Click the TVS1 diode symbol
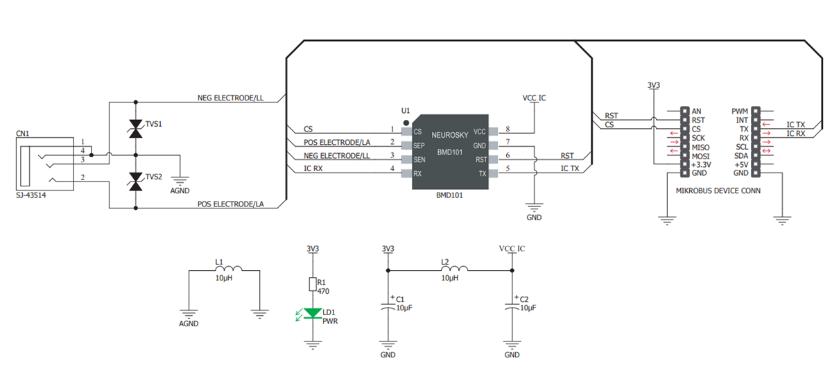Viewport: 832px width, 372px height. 135,130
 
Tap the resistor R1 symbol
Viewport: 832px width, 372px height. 313,284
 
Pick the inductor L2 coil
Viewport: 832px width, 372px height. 454,269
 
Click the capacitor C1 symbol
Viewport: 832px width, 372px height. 388,307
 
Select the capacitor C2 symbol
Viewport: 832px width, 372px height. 512,307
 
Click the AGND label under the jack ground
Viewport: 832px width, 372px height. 180,191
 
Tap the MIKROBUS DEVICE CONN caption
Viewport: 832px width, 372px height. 718,190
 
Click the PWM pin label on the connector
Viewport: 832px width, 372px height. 739,111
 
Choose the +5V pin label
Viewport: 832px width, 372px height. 740,165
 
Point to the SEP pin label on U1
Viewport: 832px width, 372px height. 419,146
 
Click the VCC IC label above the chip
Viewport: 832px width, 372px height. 534,98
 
